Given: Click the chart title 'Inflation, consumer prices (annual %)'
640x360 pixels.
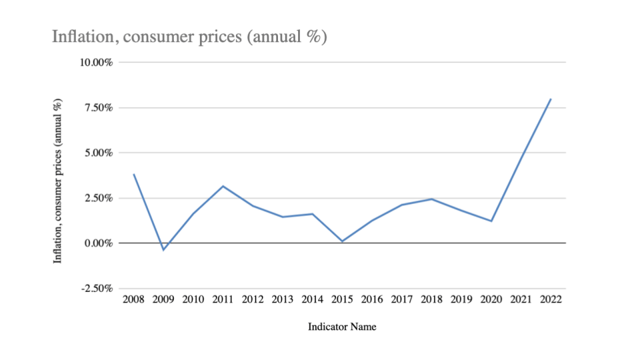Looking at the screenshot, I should point(189,37).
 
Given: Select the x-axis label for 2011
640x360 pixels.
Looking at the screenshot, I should point(223,299).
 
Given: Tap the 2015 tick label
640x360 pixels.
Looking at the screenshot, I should point(343,299).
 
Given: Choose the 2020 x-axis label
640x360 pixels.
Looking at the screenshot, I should point(491,299).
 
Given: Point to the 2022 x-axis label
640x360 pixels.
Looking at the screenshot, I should point(551,299).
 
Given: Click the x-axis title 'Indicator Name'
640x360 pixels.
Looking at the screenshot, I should point(342,327).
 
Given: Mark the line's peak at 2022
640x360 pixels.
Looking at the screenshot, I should point(551,99).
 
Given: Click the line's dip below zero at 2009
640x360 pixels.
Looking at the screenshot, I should point(163,250).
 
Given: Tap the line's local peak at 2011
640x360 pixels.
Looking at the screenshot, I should point(223,186).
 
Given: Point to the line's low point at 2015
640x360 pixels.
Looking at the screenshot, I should point(343,241).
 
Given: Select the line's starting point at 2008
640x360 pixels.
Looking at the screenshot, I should point(134,175).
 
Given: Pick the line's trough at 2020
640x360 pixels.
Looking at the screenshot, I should point(491,221).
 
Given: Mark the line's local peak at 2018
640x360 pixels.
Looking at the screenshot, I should point(431,199).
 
